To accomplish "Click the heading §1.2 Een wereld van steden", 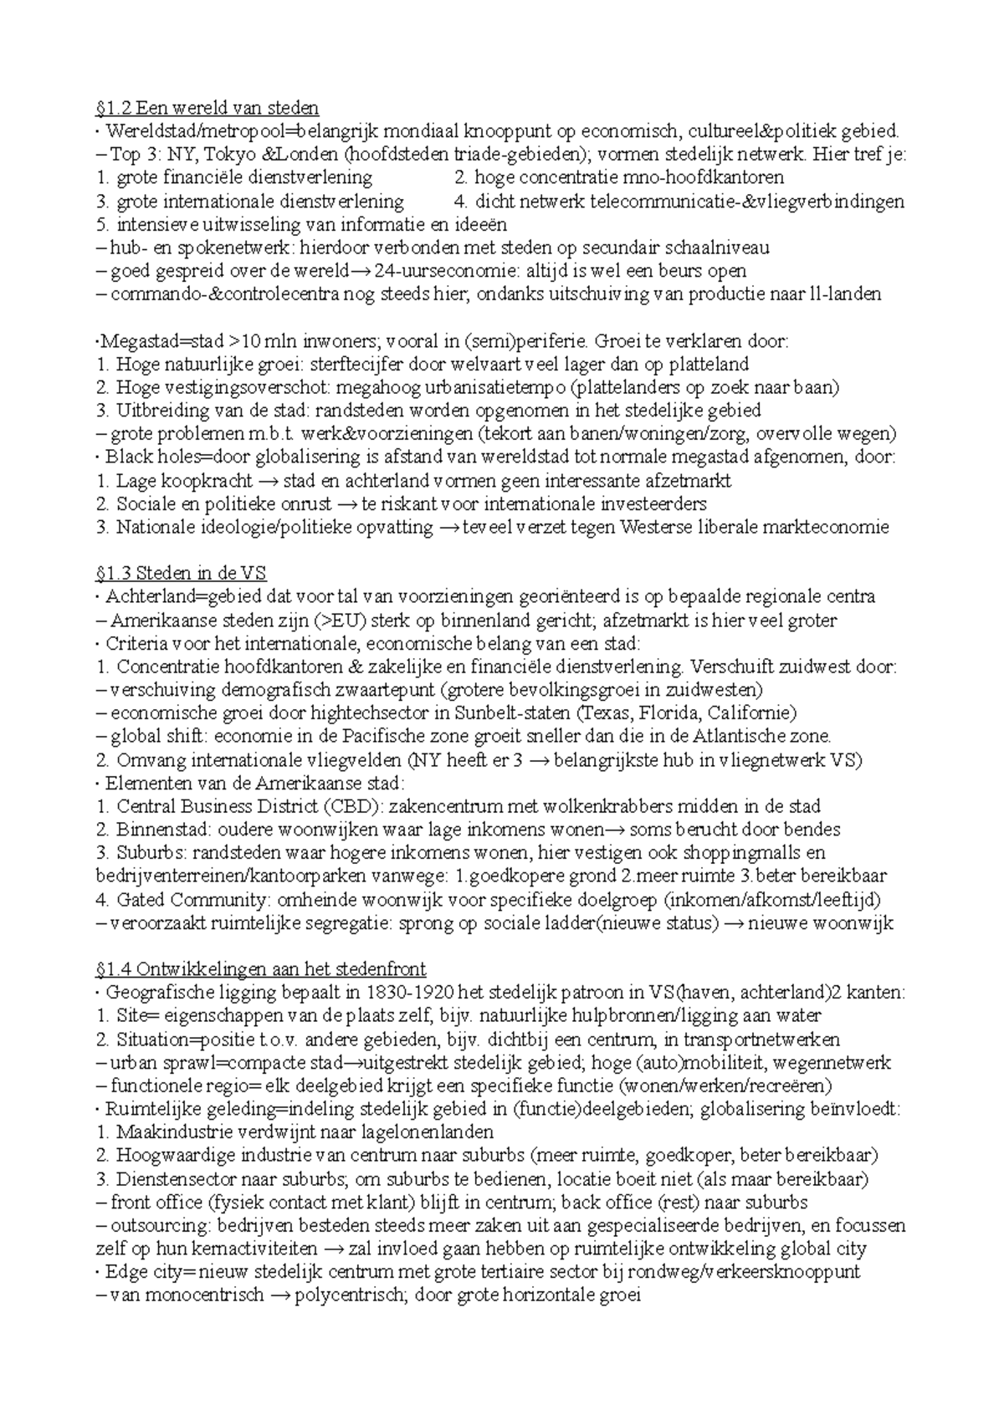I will [207, 108].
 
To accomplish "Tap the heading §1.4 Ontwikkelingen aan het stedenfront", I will [261, 969].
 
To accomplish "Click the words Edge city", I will [145, 1272].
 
